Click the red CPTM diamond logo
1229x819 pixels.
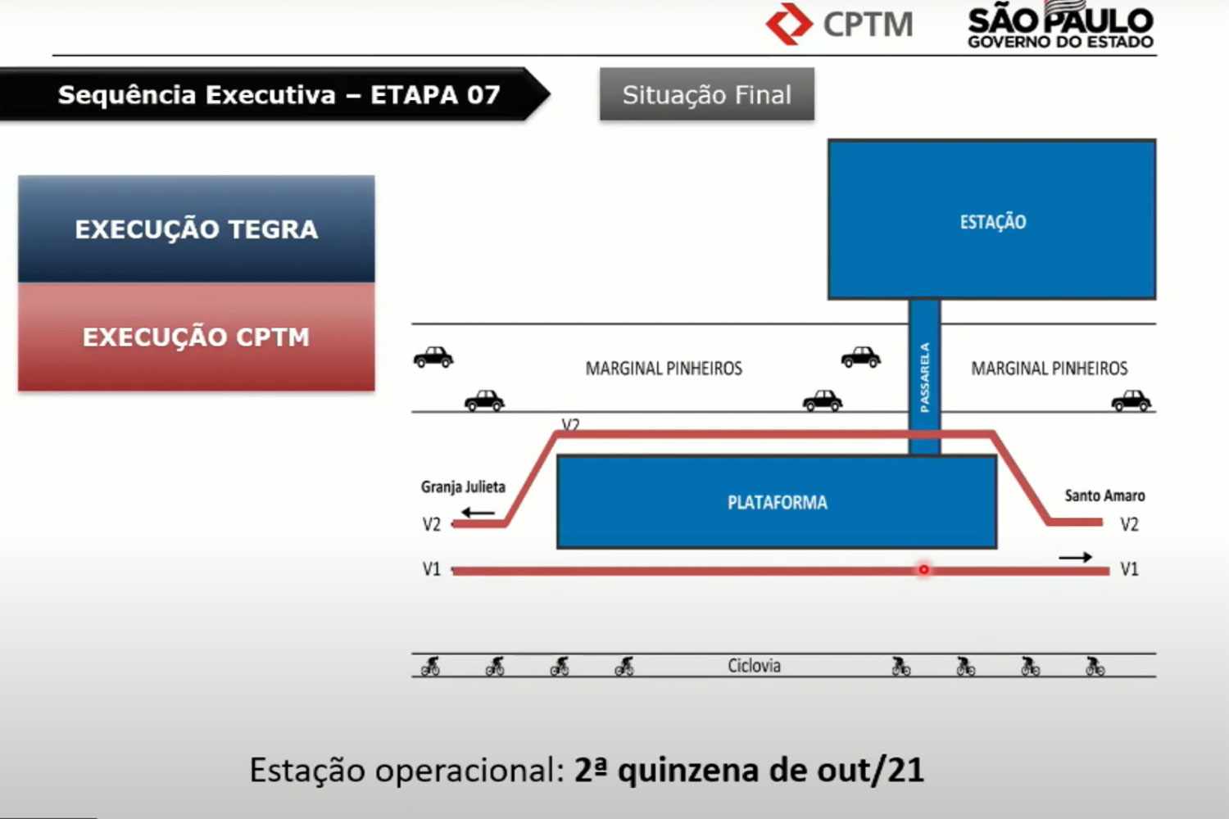click(789, 24)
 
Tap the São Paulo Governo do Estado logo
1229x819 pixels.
click(1060, 25)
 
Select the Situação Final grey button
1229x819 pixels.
click(706, 94)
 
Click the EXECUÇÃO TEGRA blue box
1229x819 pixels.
click(197, 229)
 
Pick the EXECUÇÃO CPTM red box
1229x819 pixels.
click(197, 337)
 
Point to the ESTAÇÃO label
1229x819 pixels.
click(992, 222)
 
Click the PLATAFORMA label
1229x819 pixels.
click(777, 503)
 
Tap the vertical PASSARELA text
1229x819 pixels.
click(924, 378)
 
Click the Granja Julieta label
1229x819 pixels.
click(463, 487)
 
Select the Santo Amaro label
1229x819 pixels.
click(1104, 495)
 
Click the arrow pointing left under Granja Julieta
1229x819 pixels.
click(478, 513)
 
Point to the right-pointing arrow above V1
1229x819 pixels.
click(1075, 558)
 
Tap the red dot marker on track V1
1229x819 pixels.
click(924, 569)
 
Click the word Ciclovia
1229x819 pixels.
click(754, 665)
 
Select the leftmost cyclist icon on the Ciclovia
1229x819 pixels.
click(431, 666)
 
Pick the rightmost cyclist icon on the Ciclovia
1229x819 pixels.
click(1095, 666)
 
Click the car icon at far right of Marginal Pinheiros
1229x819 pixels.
click(1131, 400)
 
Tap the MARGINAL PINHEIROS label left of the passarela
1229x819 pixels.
click(664, 368)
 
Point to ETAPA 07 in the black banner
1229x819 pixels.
click(435, 95)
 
